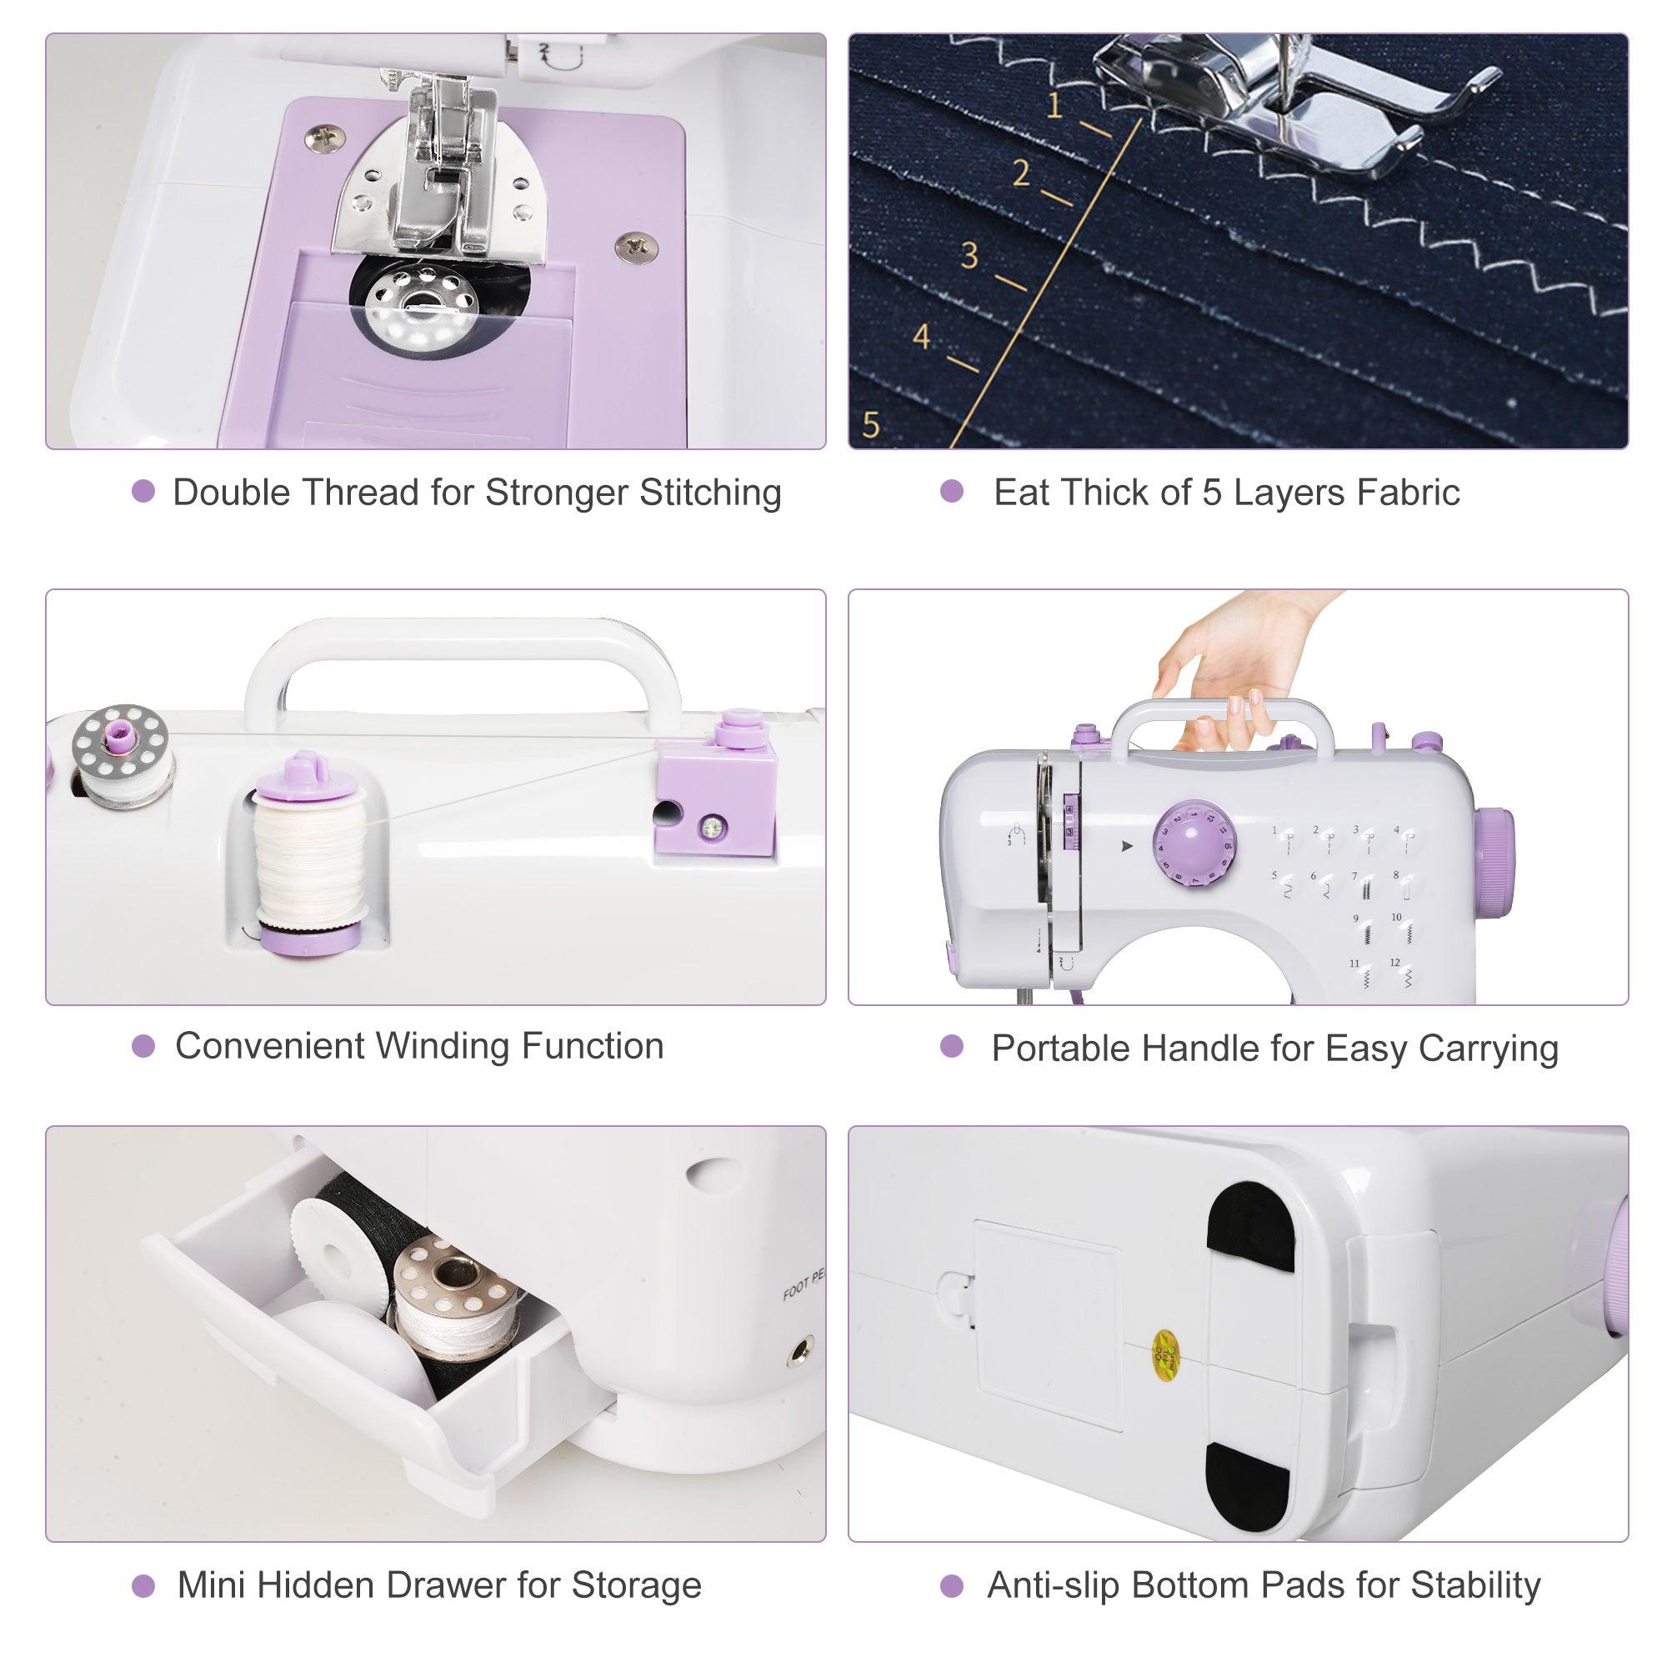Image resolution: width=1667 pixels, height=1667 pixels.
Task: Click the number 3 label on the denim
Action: tap(969, 255)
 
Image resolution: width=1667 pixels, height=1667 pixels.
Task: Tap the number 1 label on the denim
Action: tap(1054, 106)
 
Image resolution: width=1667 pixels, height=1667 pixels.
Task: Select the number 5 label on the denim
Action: tap(871, 424)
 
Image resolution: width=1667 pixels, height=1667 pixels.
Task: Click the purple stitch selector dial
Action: tap(1195, 844)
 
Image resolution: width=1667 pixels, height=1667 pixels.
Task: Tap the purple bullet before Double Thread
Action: tap(143, 492)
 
